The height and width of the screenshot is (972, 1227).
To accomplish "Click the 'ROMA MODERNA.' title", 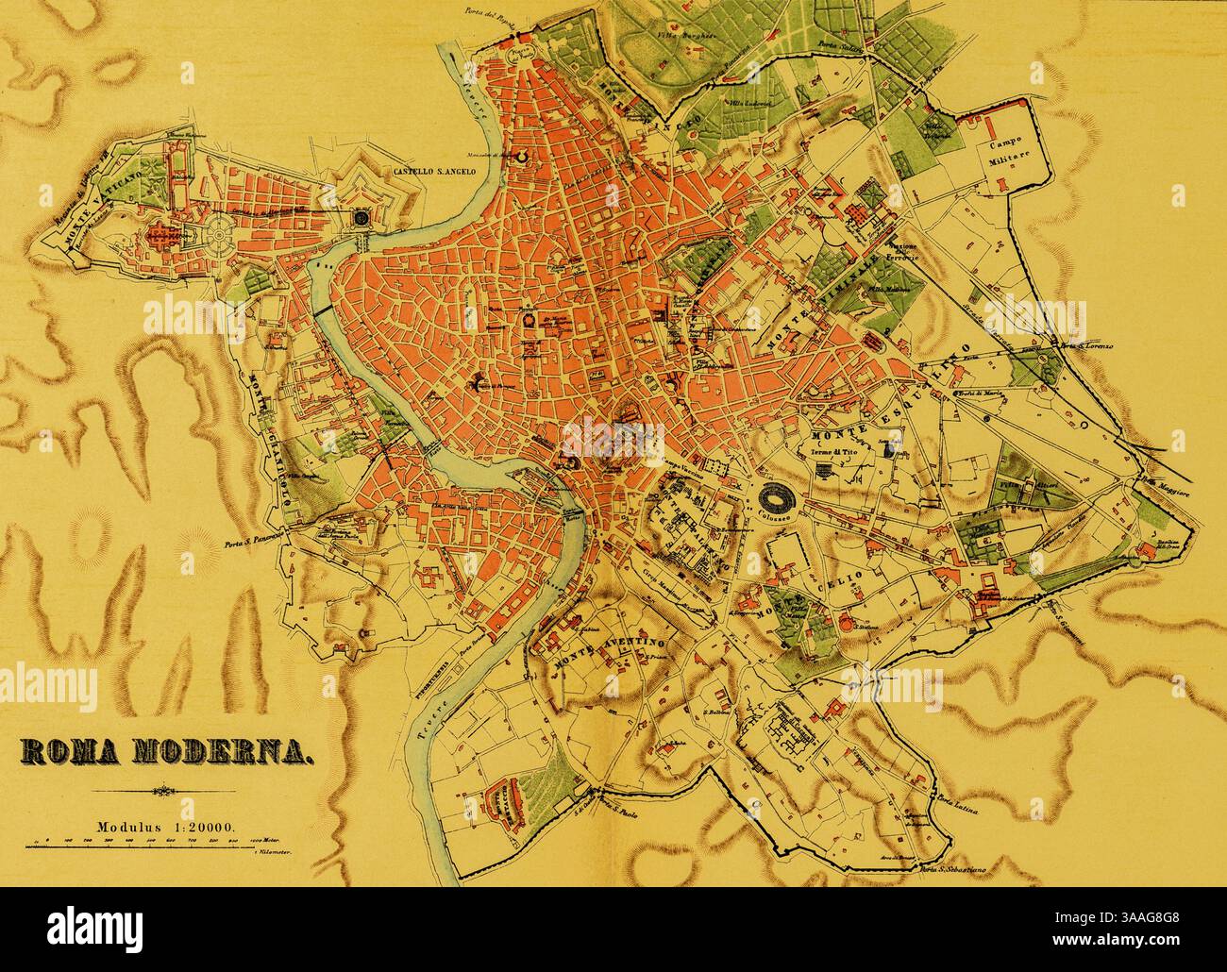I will [x=168, y=752].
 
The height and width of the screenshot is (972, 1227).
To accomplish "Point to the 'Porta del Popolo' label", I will [x=489, y=12].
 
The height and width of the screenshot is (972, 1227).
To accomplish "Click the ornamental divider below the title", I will [x=166, y=791].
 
